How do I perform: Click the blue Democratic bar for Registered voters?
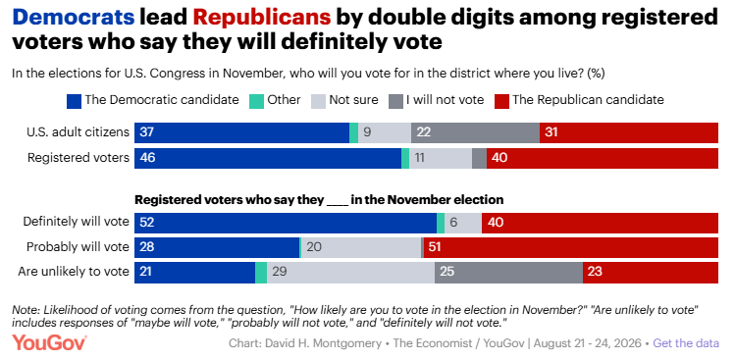coord(268,159)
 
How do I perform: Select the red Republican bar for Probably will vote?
coord(571,247)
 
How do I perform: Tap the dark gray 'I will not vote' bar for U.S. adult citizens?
coord(475,132)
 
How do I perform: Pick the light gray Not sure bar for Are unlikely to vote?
coord(350,273)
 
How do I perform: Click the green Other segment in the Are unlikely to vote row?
coord(261,273)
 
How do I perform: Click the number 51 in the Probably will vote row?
coord(435,247)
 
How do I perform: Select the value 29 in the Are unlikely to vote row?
coord(280,272)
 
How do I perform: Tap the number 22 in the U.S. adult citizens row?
coord(424,132)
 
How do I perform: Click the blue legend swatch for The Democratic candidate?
coord(74,101)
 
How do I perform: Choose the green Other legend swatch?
coord(256,101)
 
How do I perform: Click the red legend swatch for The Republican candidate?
coord(501,101)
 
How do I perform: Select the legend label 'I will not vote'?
coord(445,100)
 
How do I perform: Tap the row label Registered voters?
coord(79,159)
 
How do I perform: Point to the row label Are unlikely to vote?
coord(74,272)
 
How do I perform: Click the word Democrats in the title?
coord(74,18)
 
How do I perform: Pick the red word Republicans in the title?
coord(262,19)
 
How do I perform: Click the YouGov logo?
coord(49,342)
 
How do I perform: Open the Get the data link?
coord(686,343)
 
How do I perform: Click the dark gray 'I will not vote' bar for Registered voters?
coord(479,159)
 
